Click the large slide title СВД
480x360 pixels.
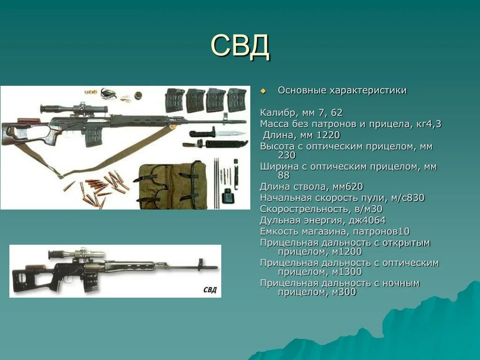pos(240,45)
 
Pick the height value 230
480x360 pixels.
pos(287,155)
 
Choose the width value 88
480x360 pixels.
pos(284,175)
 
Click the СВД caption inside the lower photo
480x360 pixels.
pos(210,289)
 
